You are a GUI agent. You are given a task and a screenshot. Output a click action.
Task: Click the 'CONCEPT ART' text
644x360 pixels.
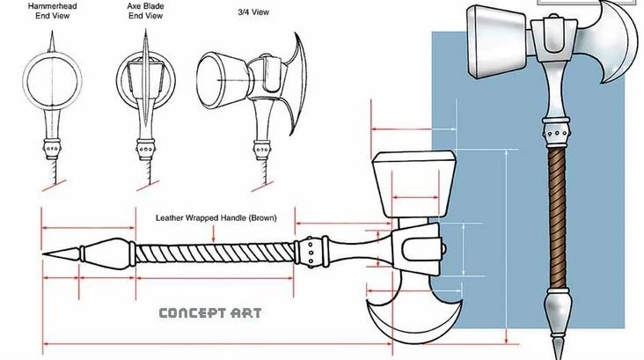[x=209, y=312]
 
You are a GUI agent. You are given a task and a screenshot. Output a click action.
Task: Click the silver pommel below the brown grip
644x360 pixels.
[x=557, y=308]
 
